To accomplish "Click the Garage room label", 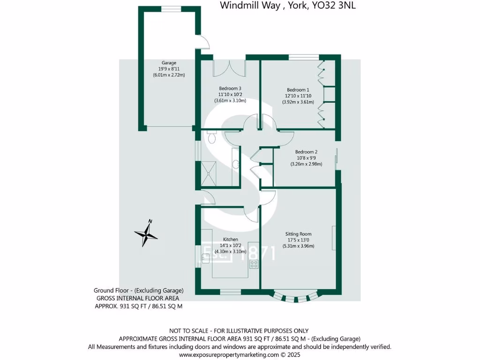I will coord(169,62).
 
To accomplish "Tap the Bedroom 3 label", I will coord(230,88).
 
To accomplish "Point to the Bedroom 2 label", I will coord(306,152).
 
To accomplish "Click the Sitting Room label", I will coord(299,234).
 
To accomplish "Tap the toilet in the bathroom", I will coord(211,137).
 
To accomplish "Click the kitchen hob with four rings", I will coord(254,264).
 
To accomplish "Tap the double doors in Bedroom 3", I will coord(229,68).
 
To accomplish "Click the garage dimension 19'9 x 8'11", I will coord(169,68).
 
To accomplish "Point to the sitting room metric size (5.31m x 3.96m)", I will coord(299,246).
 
